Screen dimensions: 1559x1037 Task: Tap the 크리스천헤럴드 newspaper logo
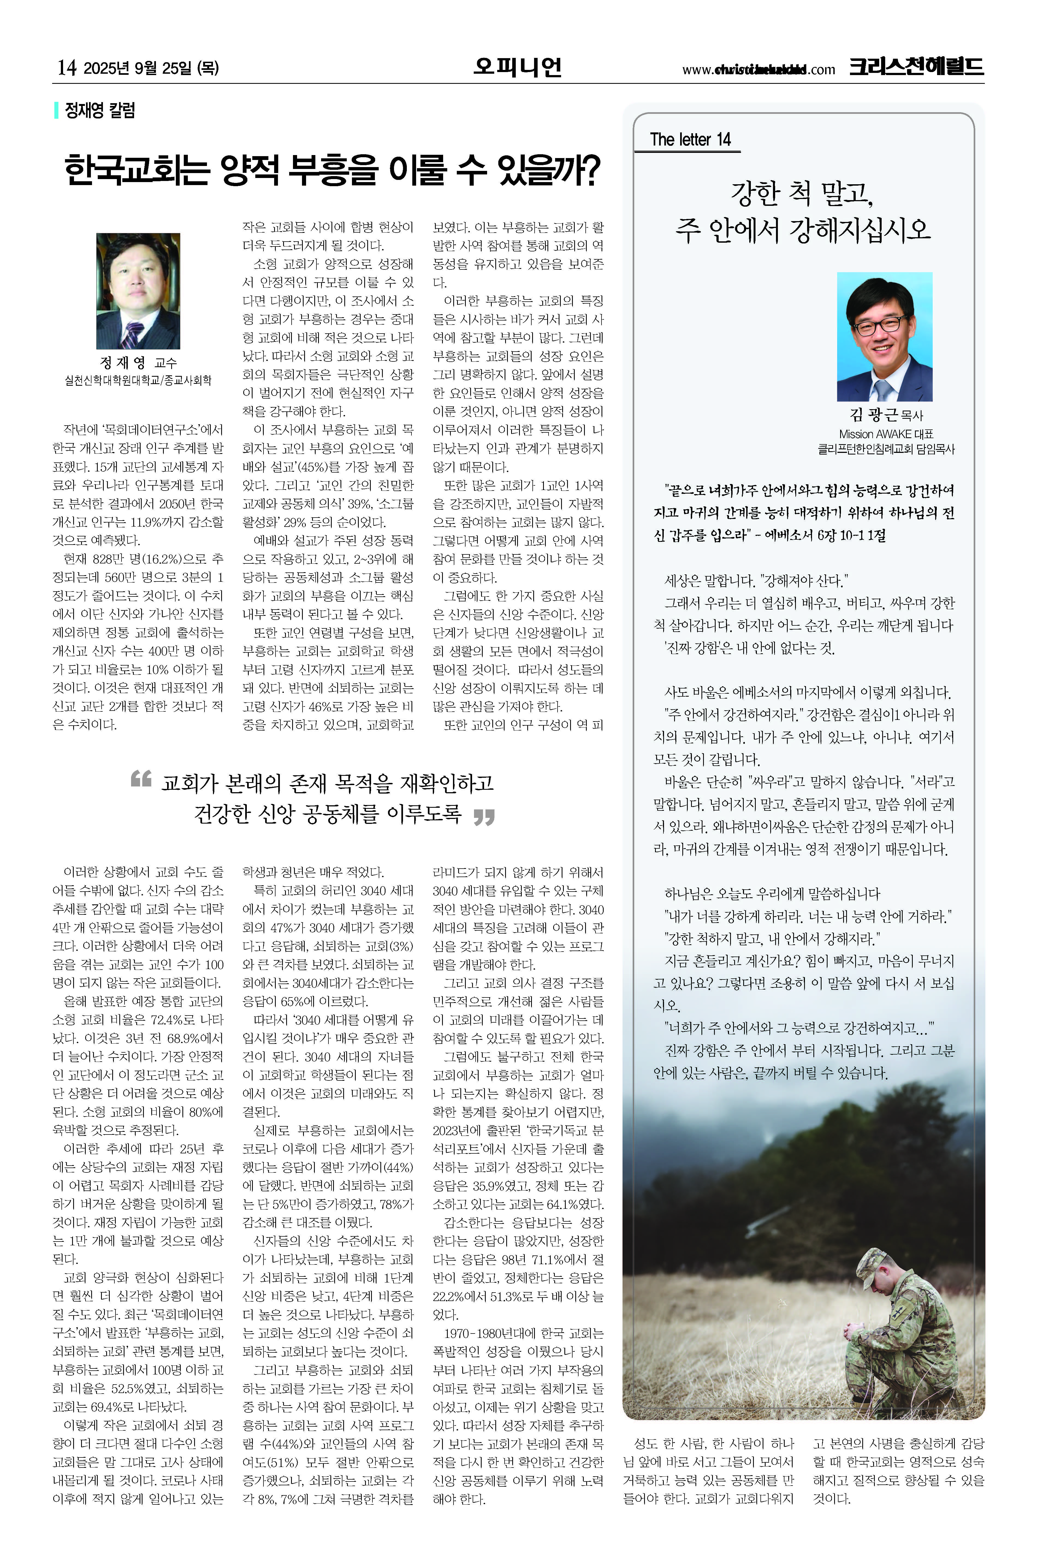916,67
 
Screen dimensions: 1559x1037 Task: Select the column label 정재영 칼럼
99,110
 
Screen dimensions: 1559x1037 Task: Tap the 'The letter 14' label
690,139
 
